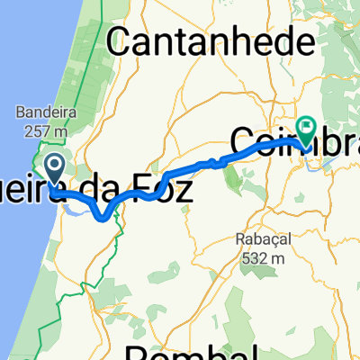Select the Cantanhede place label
(x=211, y=40)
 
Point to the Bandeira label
(x=43, y=113)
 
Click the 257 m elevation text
(x=43, y=130)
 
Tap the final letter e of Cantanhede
(x=306, y=40)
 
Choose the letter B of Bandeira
(x=19, y=113)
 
